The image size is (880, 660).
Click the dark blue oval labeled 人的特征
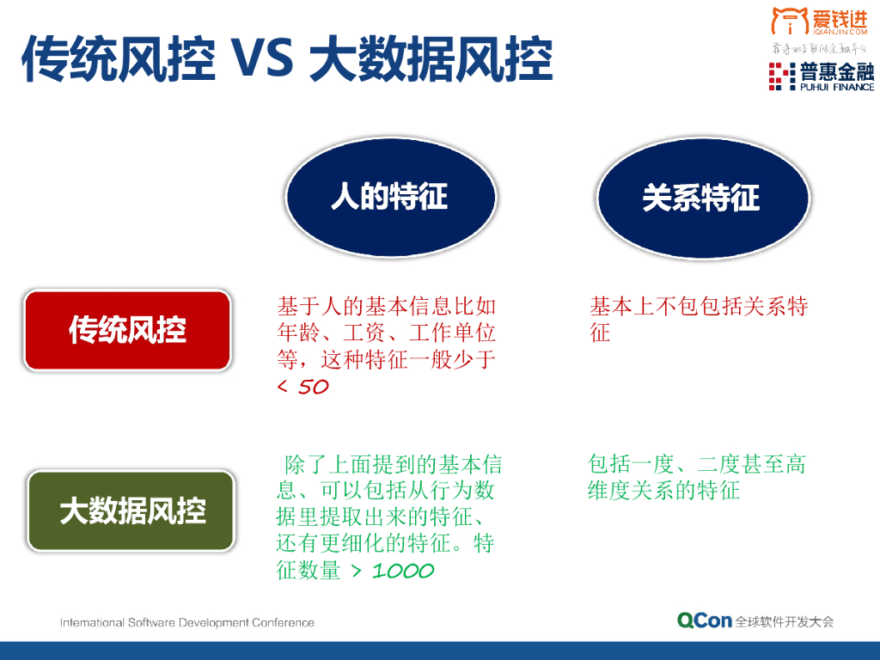coord(390,197)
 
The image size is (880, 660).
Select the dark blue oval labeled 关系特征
coord(702,198)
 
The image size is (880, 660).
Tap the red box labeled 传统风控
coord(127,330)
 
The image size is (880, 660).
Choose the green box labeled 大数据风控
coord(131,510)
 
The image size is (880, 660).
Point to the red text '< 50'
coord(303,387)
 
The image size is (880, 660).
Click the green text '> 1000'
coord(392,571)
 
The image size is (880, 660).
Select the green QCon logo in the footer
coord(704,620)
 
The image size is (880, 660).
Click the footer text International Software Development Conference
coord(186,622)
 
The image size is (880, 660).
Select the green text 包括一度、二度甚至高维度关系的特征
coord(696,478)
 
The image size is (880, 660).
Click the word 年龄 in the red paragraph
coord(298,333)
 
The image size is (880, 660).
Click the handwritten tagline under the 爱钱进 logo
coord(817,49)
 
